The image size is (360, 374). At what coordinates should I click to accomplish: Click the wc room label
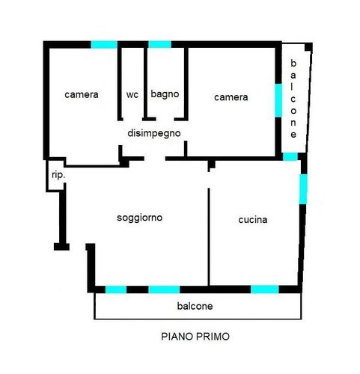coord(132,95)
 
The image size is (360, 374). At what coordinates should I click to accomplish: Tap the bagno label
coord(165,94)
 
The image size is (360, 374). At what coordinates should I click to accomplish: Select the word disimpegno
coord(154,133)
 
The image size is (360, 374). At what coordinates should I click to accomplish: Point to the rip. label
coord(58,175)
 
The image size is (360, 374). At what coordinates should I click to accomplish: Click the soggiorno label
coord(140,218)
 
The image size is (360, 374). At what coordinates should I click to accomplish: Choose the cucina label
coord(253,220)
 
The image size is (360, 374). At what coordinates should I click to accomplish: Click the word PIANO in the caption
coord(177,337)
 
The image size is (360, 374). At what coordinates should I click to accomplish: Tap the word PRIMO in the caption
coord(213,337)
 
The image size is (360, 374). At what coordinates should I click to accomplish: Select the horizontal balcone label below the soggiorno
coord(195,306)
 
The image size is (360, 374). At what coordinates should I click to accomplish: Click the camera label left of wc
coord(82,95)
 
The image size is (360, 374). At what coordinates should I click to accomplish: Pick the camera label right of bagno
coord(231,97)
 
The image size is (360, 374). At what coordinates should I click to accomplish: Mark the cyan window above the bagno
coord(159,44)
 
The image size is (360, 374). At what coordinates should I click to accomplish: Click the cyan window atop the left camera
coord(104,45)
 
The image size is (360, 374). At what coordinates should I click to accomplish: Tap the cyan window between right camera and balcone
coord(278,100)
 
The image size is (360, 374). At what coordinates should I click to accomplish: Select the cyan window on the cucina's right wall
coord(303,189)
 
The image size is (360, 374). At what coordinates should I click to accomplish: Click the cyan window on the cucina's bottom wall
coord(265,289)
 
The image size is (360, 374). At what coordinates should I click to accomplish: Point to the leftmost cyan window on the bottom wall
coord(116,289)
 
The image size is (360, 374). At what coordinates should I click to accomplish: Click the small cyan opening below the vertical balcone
coord(290,156)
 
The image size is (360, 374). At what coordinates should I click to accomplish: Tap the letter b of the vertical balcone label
coord(293,64)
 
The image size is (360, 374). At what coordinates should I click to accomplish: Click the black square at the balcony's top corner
coord(308,46)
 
